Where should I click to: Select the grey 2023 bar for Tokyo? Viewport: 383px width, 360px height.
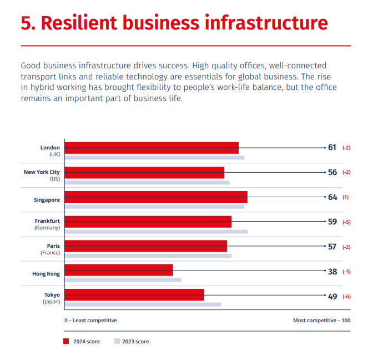[143, 304]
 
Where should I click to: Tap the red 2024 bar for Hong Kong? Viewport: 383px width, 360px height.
[119, 270]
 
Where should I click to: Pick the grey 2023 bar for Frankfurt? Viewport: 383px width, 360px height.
[156, 231]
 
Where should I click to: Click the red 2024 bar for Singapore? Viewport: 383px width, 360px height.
[156, 197]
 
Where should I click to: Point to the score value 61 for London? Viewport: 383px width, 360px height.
[332, 148]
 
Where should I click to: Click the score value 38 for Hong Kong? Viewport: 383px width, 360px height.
[332, 272]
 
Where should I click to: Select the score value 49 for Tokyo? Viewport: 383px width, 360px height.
[332, 297]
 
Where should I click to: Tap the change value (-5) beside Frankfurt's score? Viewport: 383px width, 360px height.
[346, 222]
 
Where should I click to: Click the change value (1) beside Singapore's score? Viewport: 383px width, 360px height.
[345, 197]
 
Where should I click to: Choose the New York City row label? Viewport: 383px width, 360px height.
[42, 172]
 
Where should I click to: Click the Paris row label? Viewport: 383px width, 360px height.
[53, 246]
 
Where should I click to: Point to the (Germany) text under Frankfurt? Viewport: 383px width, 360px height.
[47, 228]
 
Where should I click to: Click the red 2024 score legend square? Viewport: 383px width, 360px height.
[66, 341]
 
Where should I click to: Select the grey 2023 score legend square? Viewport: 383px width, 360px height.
[117, 341]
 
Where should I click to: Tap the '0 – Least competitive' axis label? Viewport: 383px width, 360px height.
[90, 321]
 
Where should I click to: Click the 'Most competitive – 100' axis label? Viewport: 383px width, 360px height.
[321, 321]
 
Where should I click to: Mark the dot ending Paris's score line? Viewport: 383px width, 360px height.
[325, 247]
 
